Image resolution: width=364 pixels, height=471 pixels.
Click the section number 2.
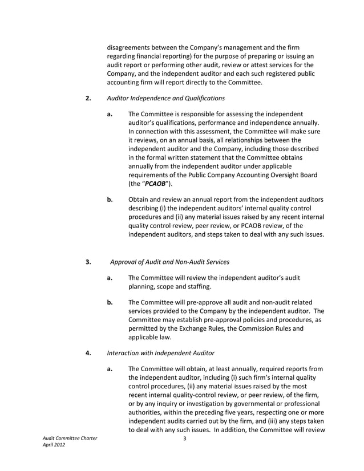coord(88,98)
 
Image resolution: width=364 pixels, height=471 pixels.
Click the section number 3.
coord(88,262)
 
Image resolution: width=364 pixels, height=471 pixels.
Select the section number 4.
coord(88,352)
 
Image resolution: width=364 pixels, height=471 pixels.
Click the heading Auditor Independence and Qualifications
coord(165,98)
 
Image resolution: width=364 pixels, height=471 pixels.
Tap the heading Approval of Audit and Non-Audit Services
coord(169,262)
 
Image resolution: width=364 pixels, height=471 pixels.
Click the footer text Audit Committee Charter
coord(70,438)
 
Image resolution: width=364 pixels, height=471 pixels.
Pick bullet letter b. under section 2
coord(110,200)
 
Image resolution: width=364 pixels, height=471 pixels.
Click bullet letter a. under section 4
coord(110,369)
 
